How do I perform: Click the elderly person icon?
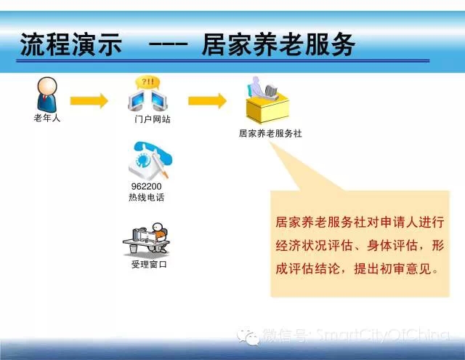[46, 95]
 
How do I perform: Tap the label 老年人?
[46, 118]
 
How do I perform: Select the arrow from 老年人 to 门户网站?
[89, 101]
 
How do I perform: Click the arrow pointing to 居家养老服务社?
[207, 101]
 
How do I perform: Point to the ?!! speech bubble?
[147, 82]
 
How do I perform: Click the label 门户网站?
[153, 119]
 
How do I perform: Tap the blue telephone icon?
[150, 160]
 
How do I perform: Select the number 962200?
[146, 186]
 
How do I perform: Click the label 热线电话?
[147, 197]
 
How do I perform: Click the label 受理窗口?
[149, 264]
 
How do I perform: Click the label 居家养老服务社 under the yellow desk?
[270, 133]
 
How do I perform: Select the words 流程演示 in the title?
[71, 44]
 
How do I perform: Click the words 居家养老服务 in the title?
[278, 44]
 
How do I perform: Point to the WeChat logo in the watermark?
[248, 337]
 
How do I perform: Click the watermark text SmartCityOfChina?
[383, 335]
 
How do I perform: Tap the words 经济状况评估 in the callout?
[314, 246]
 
